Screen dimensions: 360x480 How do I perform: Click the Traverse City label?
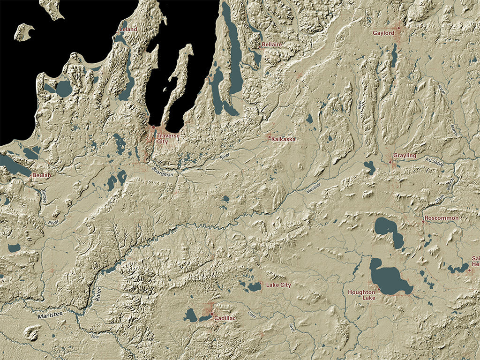(168, 138)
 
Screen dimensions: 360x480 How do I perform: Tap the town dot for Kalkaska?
(270, 137)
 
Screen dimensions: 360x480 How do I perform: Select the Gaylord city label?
(383, 33)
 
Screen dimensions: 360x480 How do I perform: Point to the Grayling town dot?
(390, 162)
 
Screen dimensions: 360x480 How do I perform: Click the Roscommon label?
(442, 218)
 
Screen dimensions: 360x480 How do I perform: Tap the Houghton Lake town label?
(361, 295)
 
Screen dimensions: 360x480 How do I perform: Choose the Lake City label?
(278, 285)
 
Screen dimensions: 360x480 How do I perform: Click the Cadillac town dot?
(212, 314)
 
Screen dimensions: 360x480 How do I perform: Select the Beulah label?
(42, 175)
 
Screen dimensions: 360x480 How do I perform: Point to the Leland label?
(129, 30)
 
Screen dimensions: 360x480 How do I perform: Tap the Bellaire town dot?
(259, 46)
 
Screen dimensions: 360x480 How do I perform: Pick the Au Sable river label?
(434, 161)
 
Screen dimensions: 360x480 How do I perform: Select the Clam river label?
(252, 315)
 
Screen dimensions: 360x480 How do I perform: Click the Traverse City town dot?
(153, 127)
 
